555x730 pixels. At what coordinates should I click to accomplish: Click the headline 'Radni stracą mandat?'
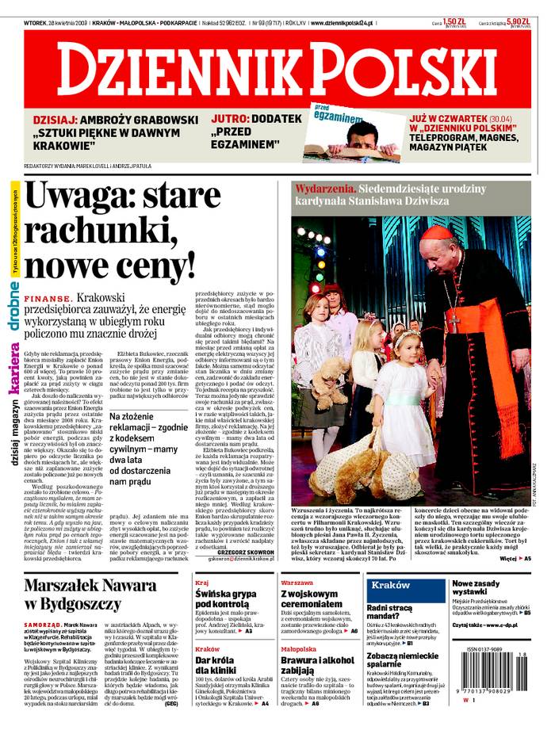click(388, 611)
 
